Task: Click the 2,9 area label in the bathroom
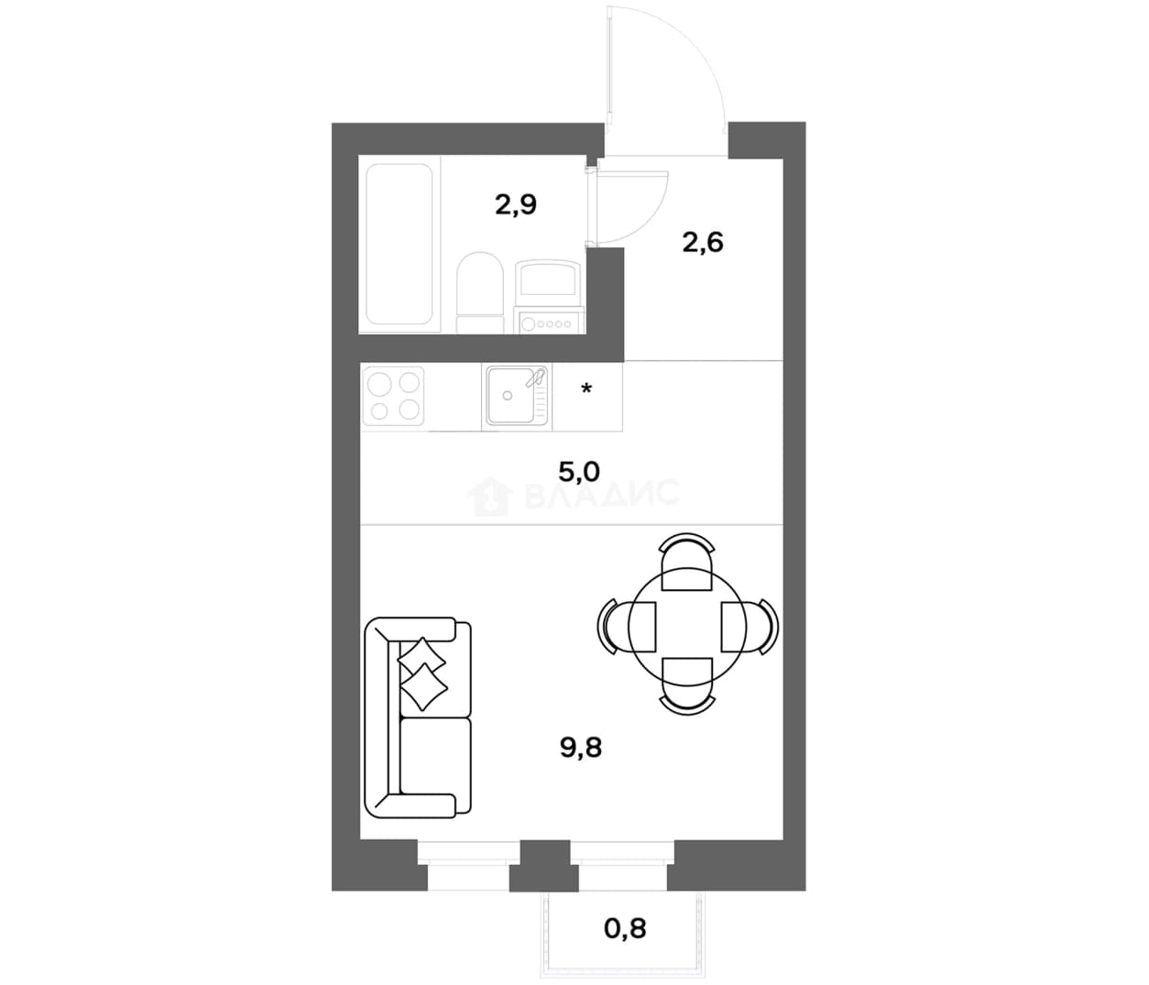(x=516, y=204)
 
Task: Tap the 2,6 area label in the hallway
(x=703, y=243)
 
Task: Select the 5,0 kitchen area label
(x=579, y=472)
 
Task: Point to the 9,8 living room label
(x=581, y=748)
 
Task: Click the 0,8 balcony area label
(x=625, y=928)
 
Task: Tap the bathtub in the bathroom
(x=399, y=244)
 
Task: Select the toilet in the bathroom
(x=480, y=292)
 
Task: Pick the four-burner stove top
(x=394, y=397)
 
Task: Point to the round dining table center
(x=687, y=626)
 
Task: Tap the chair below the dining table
(x=687, y=687)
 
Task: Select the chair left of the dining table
(x=627, y=626)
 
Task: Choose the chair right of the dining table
(x=750, y=626)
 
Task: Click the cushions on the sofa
(x=422, y=673)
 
